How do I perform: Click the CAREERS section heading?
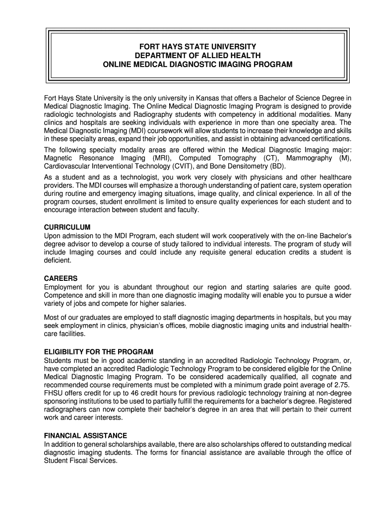pos(61,278)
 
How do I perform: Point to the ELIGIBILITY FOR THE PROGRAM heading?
pos(99,352)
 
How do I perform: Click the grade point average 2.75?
pos(341,385)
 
